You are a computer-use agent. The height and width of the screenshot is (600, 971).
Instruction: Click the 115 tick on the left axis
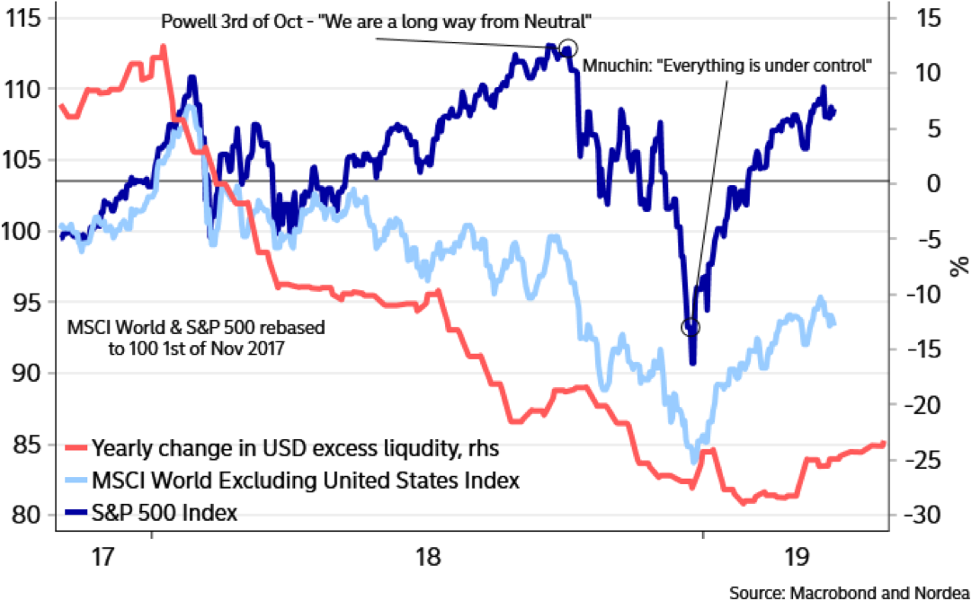(24, 18)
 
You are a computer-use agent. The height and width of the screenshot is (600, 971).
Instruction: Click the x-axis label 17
(102, 556)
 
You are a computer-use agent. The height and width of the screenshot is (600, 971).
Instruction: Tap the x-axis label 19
(794, 556)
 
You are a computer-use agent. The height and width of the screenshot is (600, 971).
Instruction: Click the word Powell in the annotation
(185, 20)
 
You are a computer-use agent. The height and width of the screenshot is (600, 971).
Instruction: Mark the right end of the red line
(885, 442)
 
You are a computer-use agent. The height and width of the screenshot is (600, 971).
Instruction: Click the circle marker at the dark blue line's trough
(691, 326)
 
